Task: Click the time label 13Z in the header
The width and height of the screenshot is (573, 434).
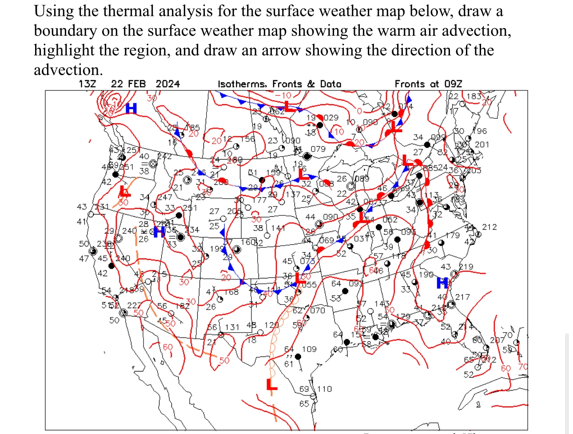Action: click(x=87, y=84)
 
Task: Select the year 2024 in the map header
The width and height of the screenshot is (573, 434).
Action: click(x=167, y=84)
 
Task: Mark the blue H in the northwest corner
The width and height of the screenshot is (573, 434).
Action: click(x=131, y=108)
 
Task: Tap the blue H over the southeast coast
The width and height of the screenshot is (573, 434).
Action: click(x=442, y=282)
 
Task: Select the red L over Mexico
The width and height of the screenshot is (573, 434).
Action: click(x=271, y=385)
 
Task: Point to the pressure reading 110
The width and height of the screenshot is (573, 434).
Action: click(x=324, y=389)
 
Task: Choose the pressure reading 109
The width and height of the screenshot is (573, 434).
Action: click(x=309, y=349)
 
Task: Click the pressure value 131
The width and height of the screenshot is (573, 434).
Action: click(x=232, y=327)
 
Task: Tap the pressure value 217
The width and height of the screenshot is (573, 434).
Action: click(x=462, y=297)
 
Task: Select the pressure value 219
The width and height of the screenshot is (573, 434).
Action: click(x=466, y=266)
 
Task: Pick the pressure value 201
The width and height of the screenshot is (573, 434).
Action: click(x=482, y=144)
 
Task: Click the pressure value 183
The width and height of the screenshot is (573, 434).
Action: click(x=474, y=96)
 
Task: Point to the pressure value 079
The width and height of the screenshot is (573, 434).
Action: click(x=318, y=149)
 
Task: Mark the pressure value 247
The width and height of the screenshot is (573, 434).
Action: click(x=165, y=197)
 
